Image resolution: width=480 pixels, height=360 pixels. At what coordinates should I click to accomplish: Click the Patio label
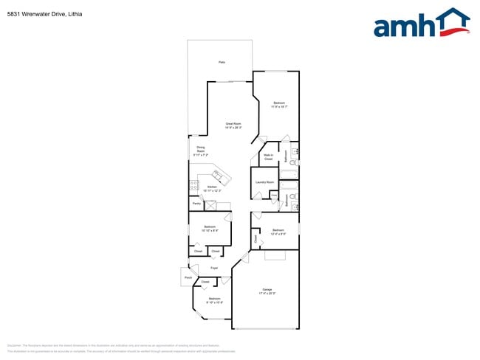point(222,62)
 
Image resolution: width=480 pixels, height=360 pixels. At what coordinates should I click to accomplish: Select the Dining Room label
point(201,149)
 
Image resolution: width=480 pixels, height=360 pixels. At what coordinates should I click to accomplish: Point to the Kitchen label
point(212,187)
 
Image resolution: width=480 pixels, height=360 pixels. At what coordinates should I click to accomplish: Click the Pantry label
point(196,203)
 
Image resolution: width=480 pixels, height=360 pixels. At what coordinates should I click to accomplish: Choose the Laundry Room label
point(265,181)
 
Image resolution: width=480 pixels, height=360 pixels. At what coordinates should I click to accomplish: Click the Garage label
point(267,290)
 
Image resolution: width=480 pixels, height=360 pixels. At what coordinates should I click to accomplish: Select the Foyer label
point(213,268)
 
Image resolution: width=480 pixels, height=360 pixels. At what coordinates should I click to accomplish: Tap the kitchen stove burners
point(194,185)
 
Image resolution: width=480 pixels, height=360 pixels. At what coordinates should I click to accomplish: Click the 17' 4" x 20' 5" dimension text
point(267,294)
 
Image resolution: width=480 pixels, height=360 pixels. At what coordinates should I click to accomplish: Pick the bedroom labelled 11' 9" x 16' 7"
point(278,103)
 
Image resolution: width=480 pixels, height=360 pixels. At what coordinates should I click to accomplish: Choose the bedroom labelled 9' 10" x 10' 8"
point(214,299)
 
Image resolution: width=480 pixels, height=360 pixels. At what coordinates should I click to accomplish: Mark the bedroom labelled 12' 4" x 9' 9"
point(278,231)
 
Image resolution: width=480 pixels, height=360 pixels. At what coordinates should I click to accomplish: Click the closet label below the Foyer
point(205,282)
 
